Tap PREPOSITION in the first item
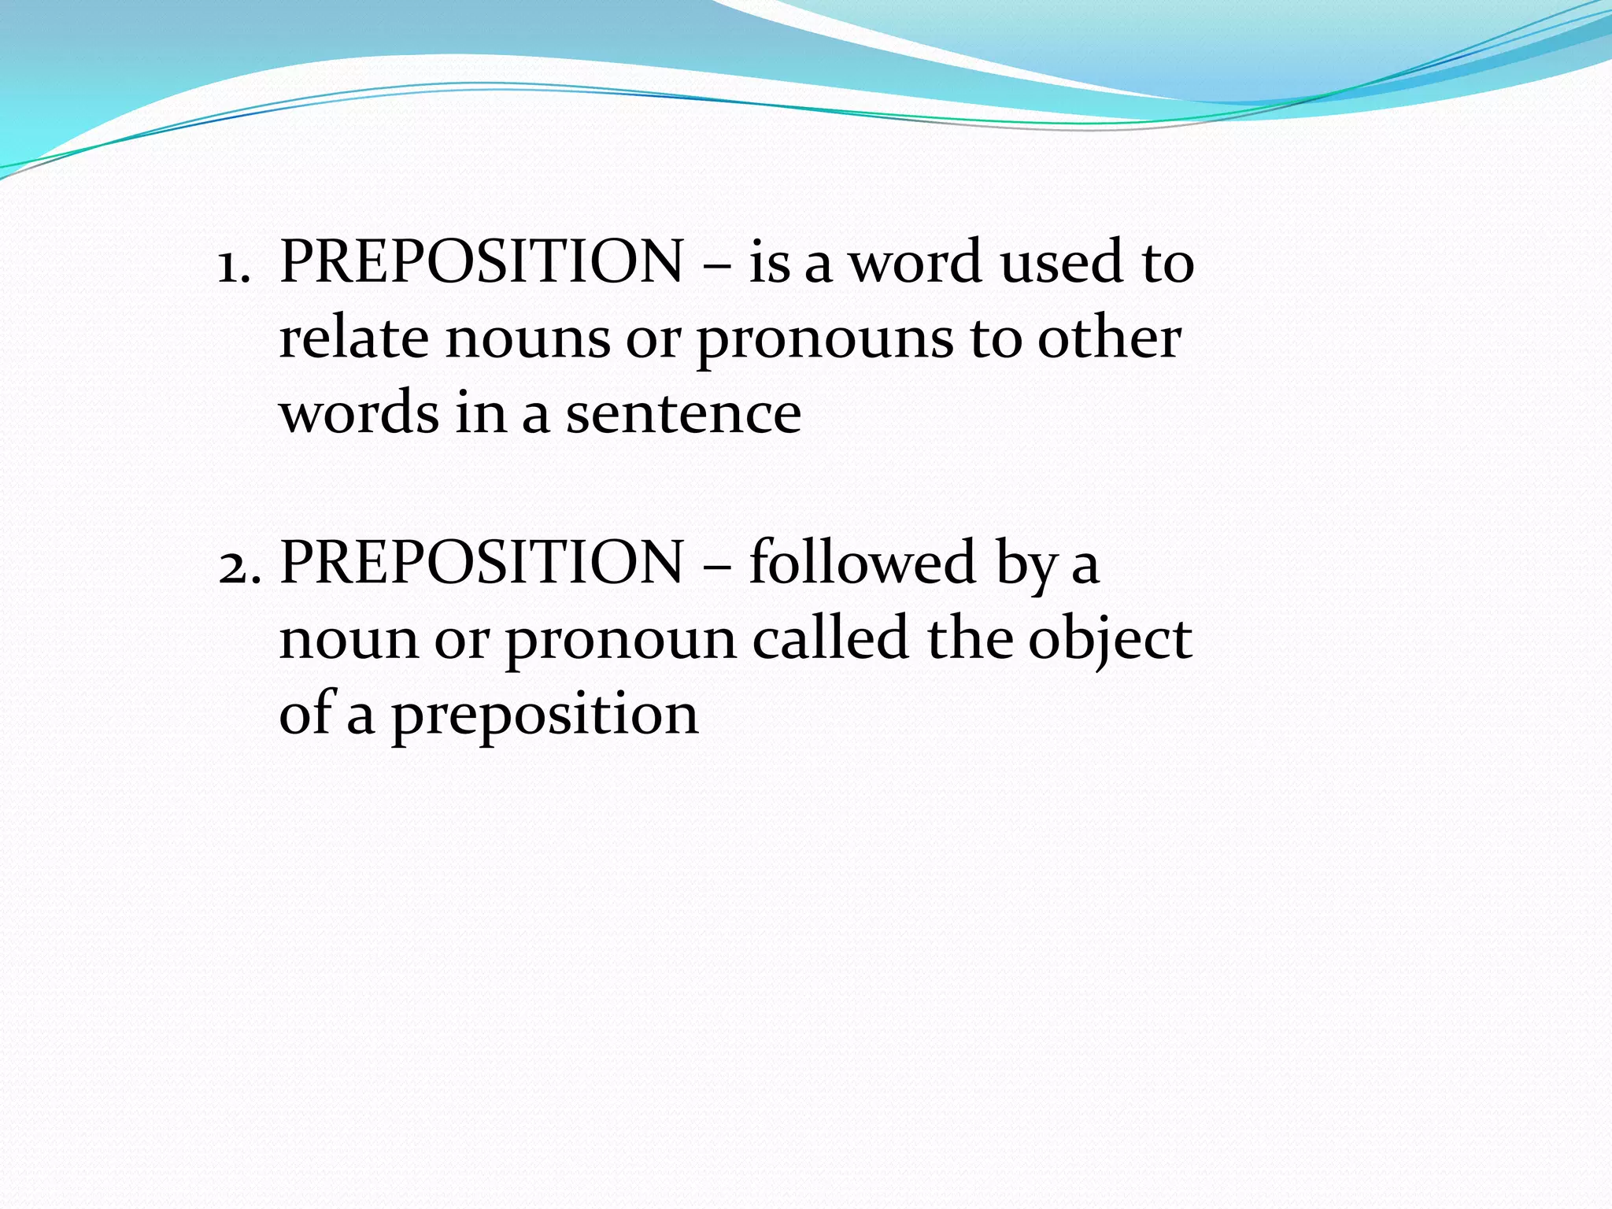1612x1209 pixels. click(x=482, y=262)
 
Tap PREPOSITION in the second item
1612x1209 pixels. click(x=482, y=563)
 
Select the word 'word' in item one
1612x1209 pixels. click(x=917, y=262)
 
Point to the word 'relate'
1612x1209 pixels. click(x=353, y=338)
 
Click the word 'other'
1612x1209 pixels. click(x=1109, y=338)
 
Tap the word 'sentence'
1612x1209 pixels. click(x=683, y=415)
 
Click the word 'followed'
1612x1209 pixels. click(x=863, y=563)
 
